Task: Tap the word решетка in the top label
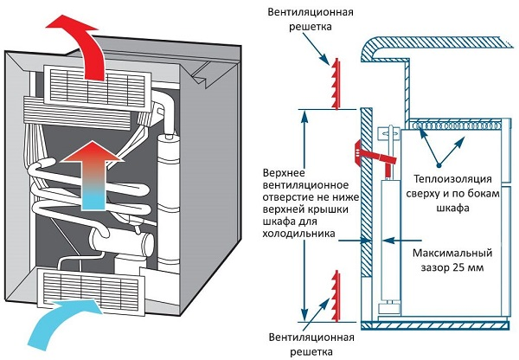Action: tap(308, 27)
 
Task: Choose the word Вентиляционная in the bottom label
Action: tap(308, 338)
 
